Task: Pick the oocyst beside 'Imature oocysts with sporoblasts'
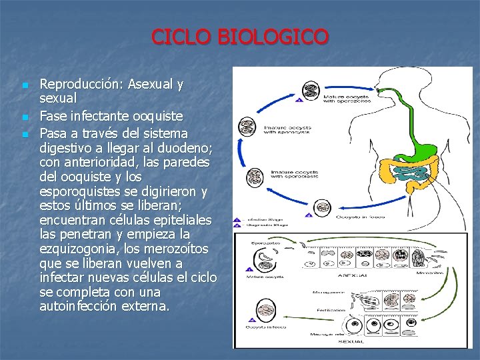(x=255, y=177)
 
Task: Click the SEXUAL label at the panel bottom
(x=351, y=340)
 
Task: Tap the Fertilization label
(x=331, y=310)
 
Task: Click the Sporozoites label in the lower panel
(x=261, y=244)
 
